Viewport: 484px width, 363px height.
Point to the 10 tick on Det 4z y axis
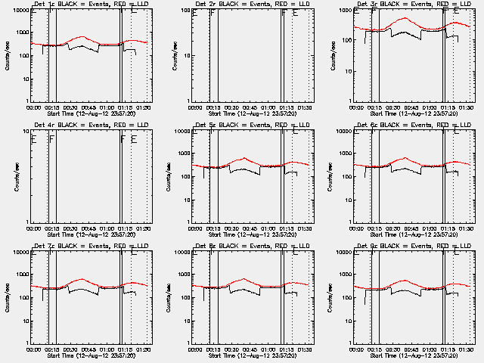click(x=26, y=132)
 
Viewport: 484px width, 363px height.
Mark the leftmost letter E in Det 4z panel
click(x=34, y=139)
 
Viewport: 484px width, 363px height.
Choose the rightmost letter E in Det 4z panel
click(x=134, y=139)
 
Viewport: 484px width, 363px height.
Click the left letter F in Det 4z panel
click(x=51, y=139)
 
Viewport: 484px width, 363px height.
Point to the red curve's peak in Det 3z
click(x=405, y=18)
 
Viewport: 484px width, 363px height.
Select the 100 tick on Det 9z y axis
click(x=347, y=298)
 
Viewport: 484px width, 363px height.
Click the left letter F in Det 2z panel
click(x=213, y=13)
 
